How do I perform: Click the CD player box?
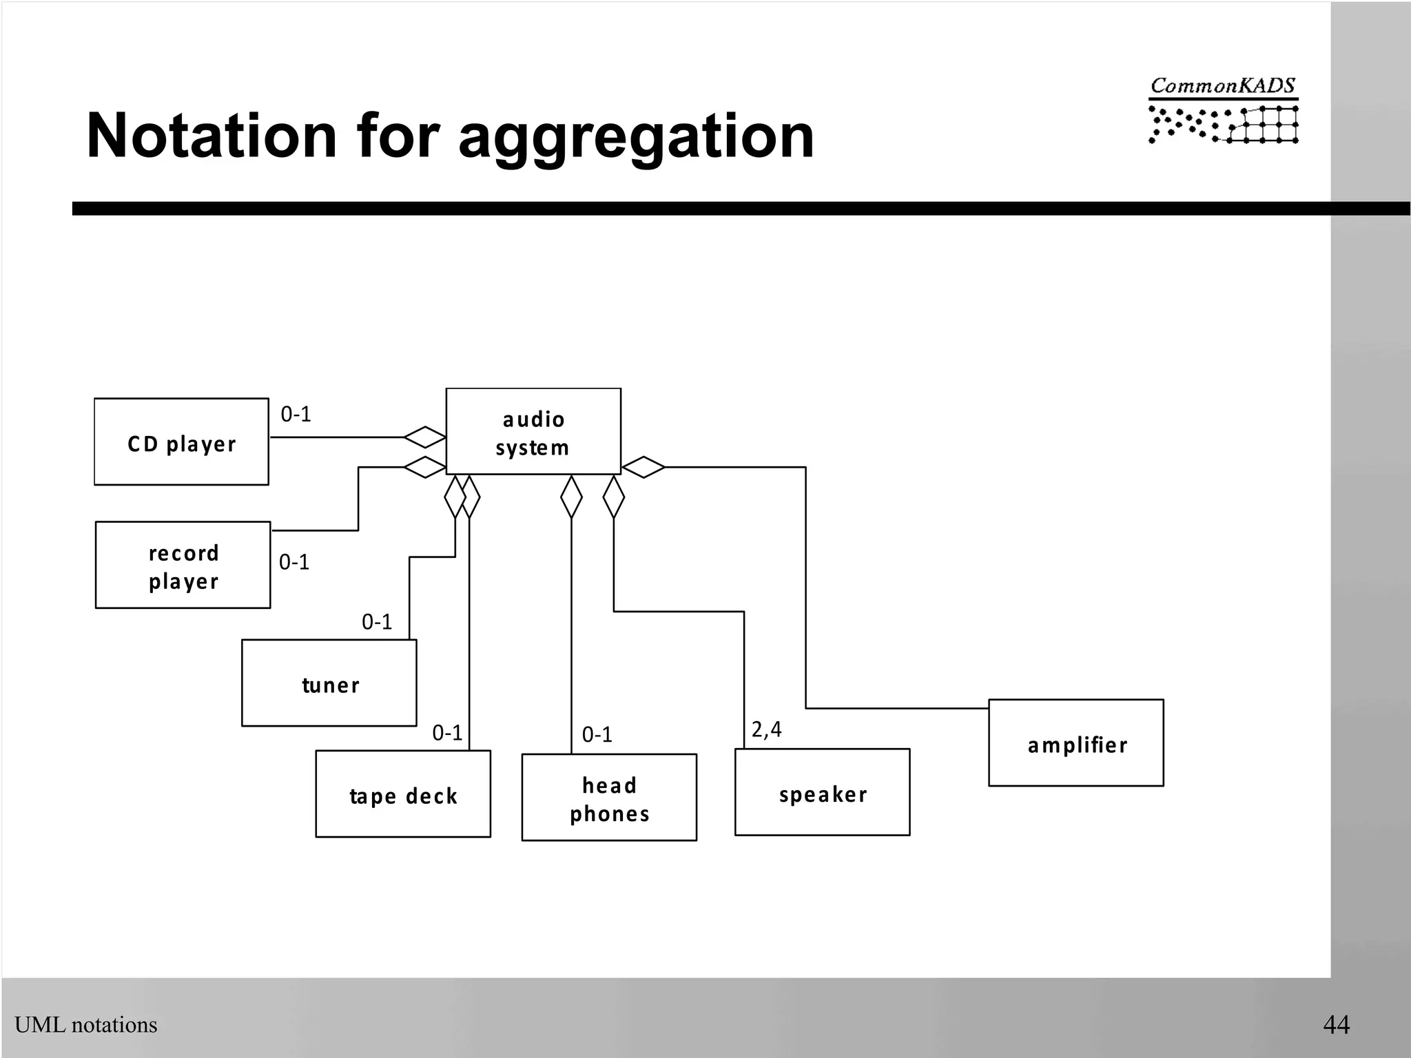(181, 442)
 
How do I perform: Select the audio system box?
(533, 432)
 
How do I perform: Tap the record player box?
(183, 565)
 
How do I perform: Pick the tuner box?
(329, 683)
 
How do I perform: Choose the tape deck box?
(403, 794)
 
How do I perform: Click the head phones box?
(609, 798)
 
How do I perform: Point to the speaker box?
(822, 793)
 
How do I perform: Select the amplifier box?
(1076, 743)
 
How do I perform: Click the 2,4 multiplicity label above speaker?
(766, 729)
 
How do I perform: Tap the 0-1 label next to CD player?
(296, 414)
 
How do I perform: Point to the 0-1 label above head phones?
(597, 734)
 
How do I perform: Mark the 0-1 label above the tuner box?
(377, 622)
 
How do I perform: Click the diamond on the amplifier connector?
(643, 467)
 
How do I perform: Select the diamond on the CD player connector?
(424, 437)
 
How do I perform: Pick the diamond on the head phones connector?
(571, 497)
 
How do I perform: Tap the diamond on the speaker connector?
(613, 497)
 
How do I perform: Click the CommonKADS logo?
(1223, 110)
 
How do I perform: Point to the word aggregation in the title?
(636, 136)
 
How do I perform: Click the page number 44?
(1336, 1024)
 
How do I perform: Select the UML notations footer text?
(86, 1025)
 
